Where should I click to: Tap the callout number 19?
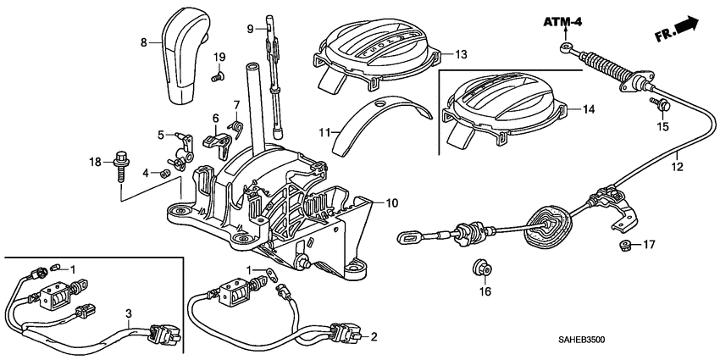pos(219,57)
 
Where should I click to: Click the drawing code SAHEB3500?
pos(657,339)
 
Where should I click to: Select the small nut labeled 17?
pos(623,246)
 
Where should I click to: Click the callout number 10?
pos(391,203)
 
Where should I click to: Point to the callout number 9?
pos(251,29)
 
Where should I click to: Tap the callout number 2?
pos(374,337)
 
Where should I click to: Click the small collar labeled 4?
pos(166,174)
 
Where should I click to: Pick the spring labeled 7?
pos(238,127)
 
